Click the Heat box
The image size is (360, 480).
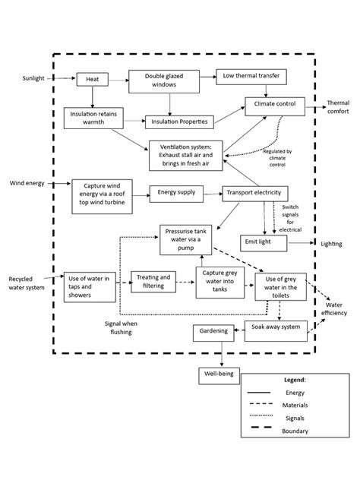92,78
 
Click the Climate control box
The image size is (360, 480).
274,103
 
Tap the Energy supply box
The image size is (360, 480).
176,193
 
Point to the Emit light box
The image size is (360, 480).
264,243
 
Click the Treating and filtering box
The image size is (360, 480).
153,282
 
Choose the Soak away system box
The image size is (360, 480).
272,328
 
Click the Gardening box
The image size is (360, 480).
214,333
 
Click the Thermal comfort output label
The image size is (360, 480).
337,107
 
